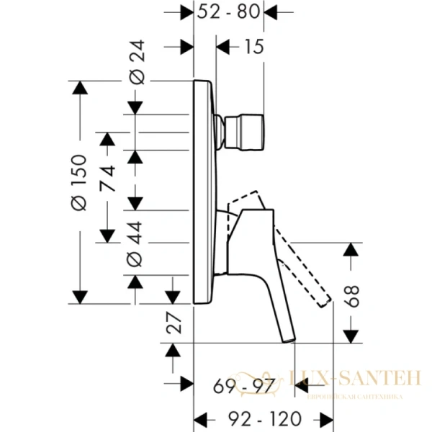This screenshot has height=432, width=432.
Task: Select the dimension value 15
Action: tap(253, 48)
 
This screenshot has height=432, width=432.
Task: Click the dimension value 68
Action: tap(351, 294)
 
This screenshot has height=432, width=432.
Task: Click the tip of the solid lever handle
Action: tap(287, 336)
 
